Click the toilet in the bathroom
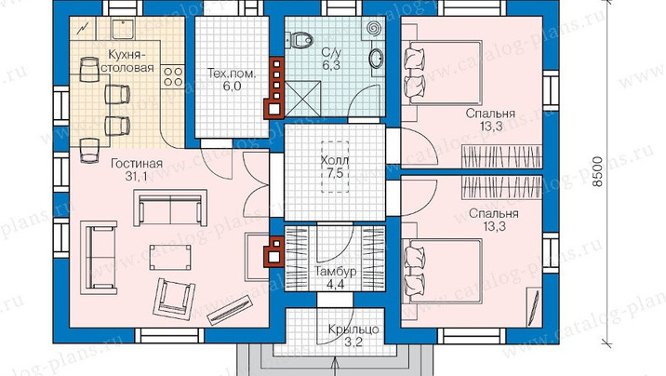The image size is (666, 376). coord(301,40)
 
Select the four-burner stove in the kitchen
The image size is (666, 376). coord(173,76)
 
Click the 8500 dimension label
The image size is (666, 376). coord(597,171)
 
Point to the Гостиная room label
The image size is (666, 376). coord(137,164)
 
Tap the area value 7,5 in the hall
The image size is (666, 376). coord(335,173)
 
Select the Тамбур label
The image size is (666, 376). coord(335,272)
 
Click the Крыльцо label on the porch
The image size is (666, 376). coord(353,329)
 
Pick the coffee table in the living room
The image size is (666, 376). coord(170,257)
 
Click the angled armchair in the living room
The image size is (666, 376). coord(174,298)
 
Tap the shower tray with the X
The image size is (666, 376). coord(302,99)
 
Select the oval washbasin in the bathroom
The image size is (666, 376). coord(376,59)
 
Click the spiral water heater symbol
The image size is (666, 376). coord(375,29)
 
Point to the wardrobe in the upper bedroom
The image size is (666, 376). coord(501,156)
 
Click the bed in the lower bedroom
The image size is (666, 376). coord(442,271)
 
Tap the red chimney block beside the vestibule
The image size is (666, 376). coord(273,254)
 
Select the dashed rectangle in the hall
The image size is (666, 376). coord(335,167)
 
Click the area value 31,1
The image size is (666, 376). coord(137,177)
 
